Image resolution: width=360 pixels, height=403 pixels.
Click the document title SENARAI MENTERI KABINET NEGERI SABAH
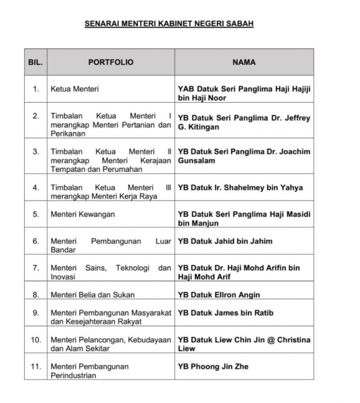click(x=169, y=24)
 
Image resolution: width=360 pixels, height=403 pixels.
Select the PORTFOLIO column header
click(x=111, y=63)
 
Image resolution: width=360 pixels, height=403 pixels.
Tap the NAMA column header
click(x=244, y=63)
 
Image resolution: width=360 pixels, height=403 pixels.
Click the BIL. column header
click(x=36, y=63)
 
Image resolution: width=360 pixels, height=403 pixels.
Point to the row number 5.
click(x=36, y=214)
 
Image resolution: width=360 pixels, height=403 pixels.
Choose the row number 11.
click(x=36, y=366)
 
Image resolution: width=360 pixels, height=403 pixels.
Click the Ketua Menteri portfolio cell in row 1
click(x=74, y=89)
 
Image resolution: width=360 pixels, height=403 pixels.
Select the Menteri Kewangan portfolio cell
click(x=83, y=214)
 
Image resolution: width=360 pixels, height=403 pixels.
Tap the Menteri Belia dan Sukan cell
click(x=93, y=295)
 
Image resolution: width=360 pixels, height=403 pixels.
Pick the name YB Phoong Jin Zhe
click(x=213, y=366)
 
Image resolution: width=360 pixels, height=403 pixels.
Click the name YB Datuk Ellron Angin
click(x=219, y=295)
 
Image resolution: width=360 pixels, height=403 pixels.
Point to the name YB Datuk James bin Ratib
click(x=226, y=313)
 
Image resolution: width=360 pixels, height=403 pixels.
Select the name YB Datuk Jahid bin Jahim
click(x=225, y=241)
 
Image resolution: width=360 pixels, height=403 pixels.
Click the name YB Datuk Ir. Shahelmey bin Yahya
click(x=240, y=188)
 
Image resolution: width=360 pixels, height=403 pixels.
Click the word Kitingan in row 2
click(x=202, y=127)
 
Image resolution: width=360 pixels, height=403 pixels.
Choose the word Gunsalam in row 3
click(x=197, y=161)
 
